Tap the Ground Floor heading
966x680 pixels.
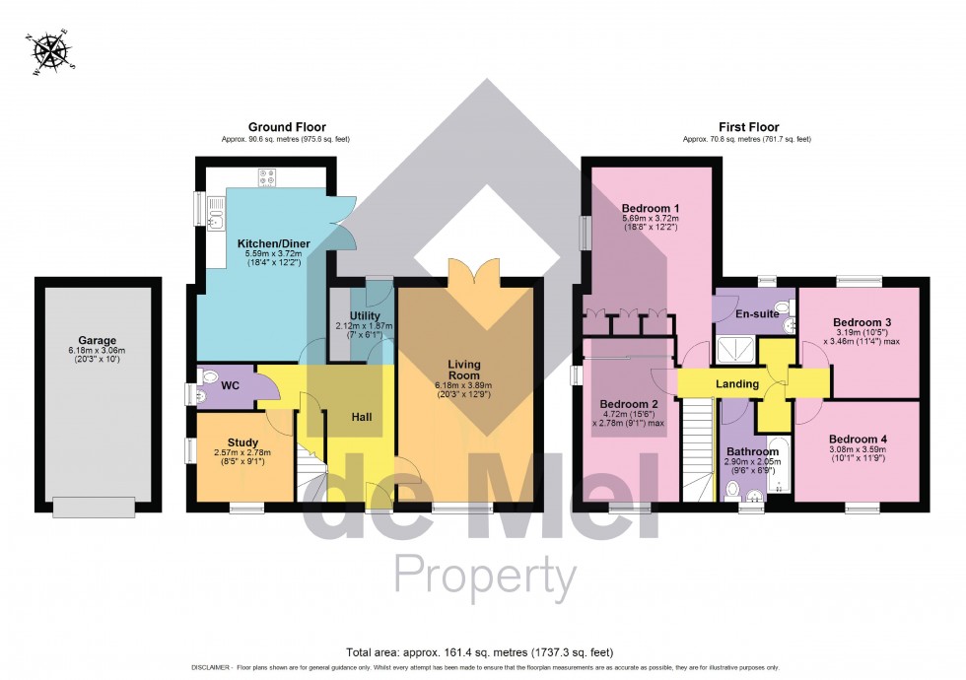(x=287, y=127)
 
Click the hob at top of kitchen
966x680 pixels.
(x=267, y=177)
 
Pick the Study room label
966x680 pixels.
(x=242, y=442)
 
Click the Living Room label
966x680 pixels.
(x=463, y=369)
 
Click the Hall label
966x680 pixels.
(x=362, y=418)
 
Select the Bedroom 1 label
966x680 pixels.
(x=651, y=208)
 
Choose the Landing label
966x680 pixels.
(x=736, y=383)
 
